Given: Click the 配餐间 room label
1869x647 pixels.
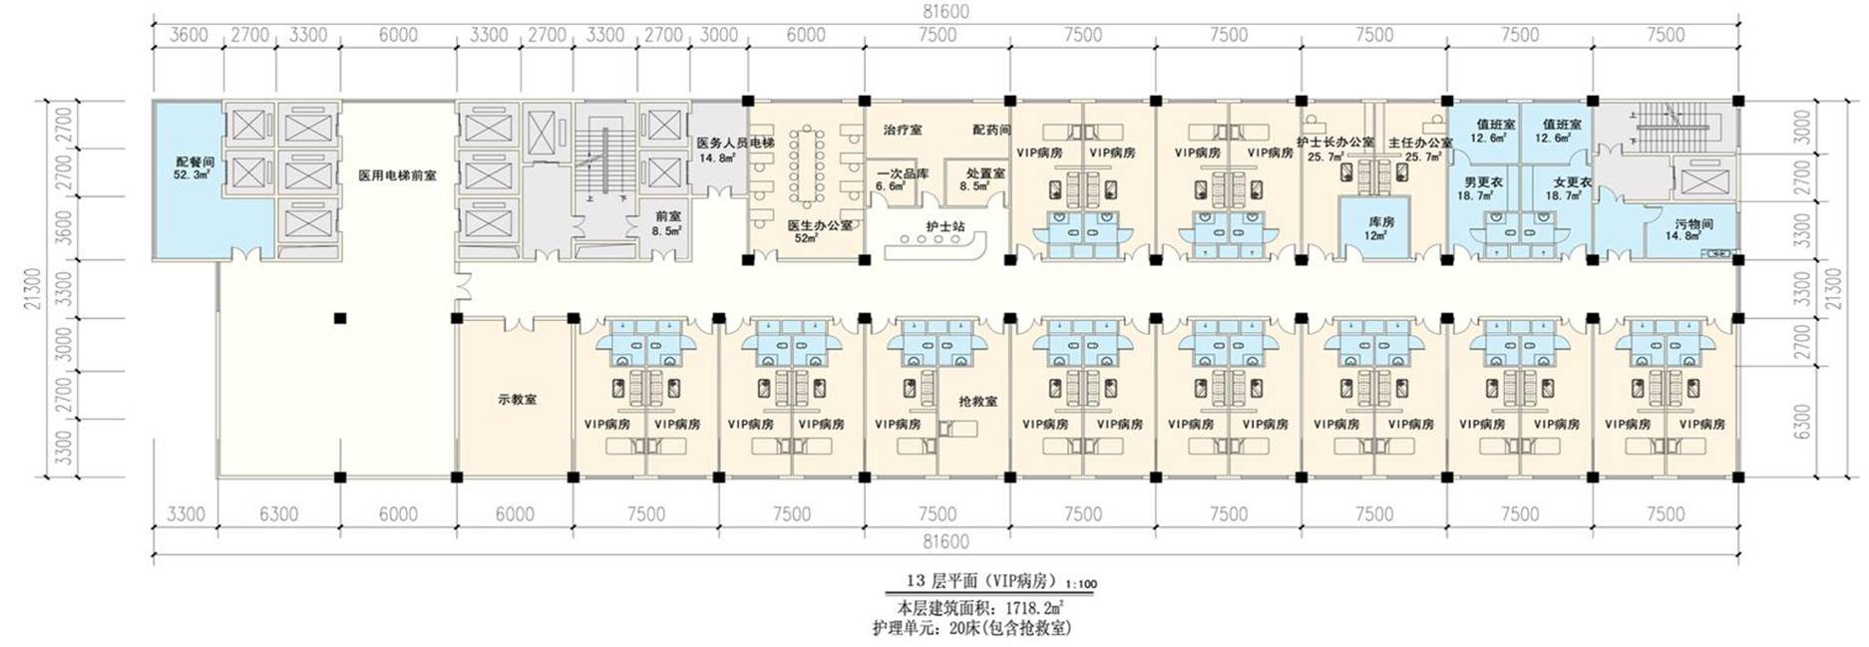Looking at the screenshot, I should (x=194, y=162).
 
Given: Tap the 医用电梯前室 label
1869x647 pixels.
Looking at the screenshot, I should (x=397, y=175).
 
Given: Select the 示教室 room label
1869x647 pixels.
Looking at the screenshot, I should (x=517, y=400).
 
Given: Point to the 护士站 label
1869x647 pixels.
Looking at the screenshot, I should (x=944, y=226).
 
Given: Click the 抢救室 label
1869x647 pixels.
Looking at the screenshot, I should (x=977, y=401).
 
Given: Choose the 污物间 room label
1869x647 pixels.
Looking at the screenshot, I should (x=1693, y=224).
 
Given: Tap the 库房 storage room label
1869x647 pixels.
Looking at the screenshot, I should (x=1380, y=222).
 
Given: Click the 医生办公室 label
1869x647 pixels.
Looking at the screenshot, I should (x=820, y=225).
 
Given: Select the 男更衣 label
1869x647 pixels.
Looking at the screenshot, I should (x=1483, y=182).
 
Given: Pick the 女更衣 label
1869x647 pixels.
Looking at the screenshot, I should (x=1572, y=182).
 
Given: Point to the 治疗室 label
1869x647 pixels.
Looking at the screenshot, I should (x=903, y=130).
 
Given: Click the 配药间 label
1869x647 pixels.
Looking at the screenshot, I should (x=991, y=130).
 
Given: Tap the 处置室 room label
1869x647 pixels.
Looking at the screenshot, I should (x=984, y=173).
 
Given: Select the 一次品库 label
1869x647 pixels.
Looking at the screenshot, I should (x=903, y=173).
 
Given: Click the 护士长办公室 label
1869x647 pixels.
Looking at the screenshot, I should (x=1335, y=143).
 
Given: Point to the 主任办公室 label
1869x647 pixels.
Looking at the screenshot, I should (x=1420, y=143).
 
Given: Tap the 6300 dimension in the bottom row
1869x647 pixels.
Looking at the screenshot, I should (x=278, y=514).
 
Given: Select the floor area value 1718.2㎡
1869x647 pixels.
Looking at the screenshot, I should (x=1033, y=607).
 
